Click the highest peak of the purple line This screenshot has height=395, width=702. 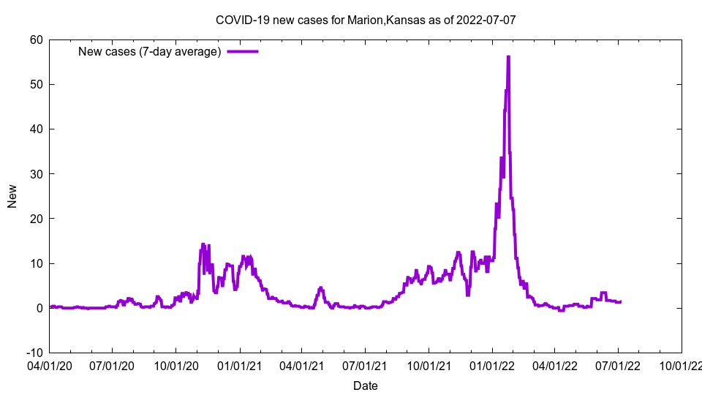coord(508,57)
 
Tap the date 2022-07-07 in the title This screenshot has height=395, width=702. coord(486,20)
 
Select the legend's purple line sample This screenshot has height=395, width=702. coord(243,51)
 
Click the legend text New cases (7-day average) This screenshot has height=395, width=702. coord(150,51)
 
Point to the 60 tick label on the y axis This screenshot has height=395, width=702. coord(36,39)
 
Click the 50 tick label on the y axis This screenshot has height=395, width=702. coord(36,84)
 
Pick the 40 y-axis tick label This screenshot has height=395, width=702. coord(36,129)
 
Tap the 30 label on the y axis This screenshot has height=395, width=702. coord(36,174)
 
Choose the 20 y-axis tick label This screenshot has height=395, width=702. coord(36,219)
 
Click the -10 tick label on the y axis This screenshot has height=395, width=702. coord(34,353)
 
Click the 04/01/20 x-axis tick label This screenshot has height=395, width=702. coord(50,364)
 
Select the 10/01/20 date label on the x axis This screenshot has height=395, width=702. coord(176,364)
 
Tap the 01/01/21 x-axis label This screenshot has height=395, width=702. coord(239,364)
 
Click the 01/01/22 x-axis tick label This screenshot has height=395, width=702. coord(492,364)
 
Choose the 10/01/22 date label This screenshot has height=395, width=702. coord(682,364)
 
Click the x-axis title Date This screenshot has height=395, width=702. coord(366,385)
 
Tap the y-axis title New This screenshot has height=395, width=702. coord(12,196)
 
